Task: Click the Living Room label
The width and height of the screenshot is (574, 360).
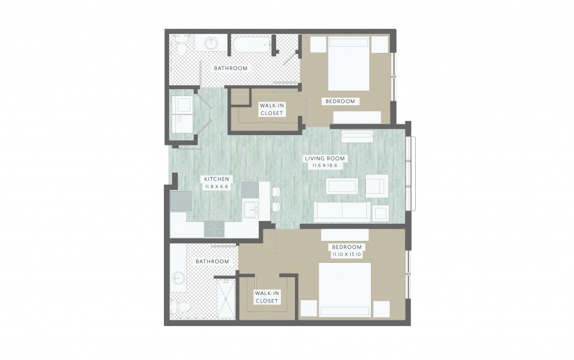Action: point(325,158)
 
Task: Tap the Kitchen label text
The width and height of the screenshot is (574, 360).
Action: point(217,179)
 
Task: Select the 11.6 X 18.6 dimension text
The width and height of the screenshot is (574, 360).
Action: point(325,166)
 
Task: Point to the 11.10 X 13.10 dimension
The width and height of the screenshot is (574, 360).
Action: point(347,254)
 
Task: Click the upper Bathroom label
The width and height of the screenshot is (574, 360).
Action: point(231,68)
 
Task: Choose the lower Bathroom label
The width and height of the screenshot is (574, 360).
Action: point(212,261)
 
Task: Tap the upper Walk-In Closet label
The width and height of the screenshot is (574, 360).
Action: point(272,109)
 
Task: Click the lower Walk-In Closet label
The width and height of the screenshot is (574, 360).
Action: point(267,297)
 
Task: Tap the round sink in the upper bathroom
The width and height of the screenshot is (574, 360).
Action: point(211,44)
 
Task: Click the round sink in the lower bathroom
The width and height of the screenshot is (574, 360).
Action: point(178,277)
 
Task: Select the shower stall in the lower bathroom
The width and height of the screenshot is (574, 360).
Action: point(225,298)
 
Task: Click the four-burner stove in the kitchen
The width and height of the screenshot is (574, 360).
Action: point(214,229)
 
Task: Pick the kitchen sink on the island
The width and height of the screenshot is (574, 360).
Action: point(251,210)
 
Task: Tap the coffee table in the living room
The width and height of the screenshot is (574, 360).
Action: point(342,186)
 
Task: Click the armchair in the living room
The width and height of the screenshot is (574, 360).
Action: point(377,185)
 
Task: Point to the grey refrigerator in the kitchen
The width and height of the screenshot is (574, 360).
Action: point(181,201)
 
